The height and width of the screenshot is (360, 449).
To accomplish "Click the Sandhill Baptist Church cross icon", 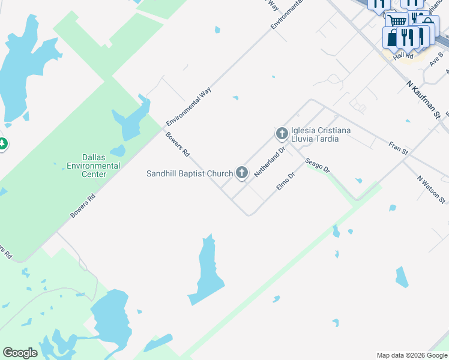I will (242, 173).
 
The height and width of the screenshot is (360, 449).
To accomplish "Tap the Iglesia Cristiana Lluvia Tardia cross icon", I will (282, 133).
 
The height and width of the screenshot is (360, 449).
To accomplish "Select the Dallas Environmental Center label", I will (94, 166).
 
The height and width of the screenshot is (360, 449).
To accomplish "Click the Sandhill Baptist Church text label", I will (190, 173).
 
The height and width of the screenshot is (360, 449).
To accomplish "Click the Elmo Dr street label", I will (286, 182).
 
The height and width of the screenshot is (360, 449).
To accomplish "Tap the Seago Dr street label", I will (317, 165).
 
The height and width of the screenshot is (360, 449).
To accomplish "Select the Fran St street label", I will (398, 148).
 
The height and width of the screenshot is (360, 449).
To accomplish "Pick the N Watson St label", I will (432, 190).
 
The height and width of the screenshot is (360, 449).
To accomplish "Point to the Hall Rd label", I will (403, 56).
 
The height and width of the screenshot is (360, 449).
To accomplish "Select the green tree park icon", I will (2, 144).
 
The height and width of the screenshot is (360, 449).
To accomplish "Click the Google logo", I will (20, 353).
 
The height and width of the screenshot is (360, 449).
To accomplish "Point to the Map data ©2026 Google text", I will (411, 355).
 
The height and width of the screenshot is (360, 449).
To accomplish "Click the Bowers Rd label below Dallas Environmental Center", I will (83, 205).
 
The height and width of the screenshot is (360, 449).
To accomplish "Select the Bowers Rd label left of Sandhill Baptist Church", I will (178, 144).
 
